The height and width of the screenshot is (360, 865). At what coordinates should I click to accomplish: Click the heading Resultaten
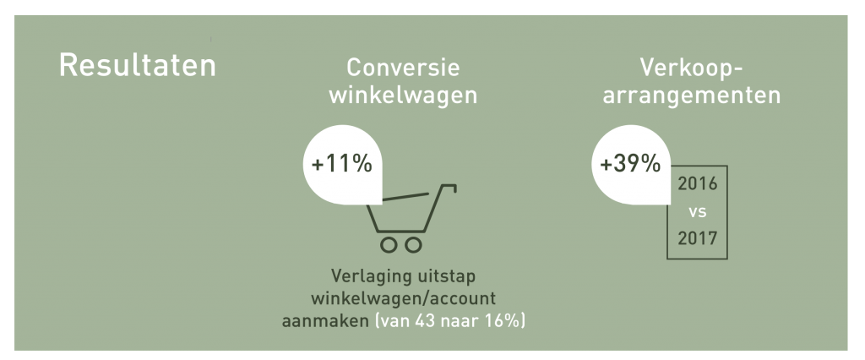138,65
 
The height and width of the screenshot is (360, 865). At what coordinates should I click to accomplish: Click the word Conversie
403,68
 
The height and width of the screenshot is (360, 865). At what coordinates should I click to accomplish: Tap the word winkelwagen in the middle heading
403,95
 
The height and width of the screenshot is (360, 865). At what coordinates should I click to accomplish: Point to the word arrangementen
692,95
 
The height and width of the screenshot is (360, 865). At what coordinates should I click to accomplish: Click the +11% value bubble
342,165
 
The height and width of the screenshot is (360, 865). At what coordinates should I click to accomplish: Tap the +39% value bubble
630,165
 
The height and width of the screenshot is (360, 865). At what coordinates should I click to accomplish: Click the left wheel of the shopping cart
389,244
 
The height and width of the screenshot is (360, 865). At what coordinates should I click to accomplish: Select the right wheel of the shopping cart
414,244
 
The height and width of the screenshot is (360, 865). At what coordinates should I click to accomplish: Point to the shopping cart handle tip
455,189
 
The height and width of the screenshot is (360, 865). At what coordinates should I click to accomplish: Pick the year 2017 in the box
697,238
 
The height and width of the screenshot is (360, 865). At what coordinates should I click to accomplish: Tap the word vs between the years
697,211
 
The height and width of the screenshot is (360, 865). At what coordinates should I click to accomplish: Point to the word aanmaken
325,321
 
